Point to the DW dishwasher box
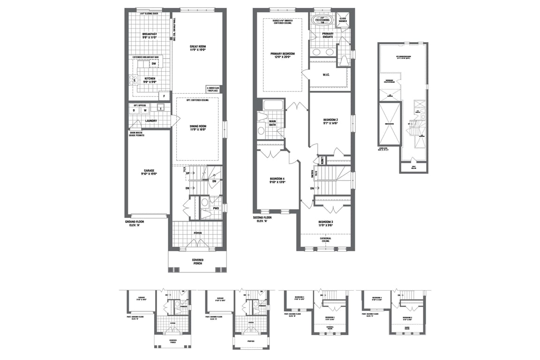tap(153, 64)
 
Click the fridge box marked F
tap(164, 97)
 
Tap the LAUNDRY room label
tap(150, 120)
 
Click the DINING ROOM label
tap(197, 127)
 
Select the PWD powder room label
tap(216, 208)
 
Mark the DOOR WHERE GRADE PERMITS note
tap(137, 134)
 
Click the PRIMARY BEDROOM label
tap(282, 55)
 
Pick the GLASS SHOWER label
tap(342, 20)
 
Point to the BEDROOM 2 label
tap(330, 121)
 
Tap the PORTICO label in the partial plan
tap(251, 341)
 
